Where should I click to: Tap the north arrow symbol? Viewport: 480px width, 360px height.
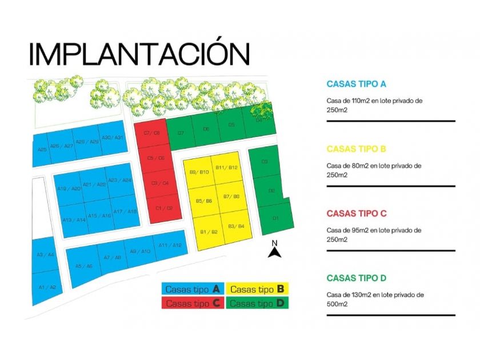point(274,250)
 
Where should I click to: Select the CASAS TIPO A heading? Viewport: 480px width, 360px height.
point(356,84)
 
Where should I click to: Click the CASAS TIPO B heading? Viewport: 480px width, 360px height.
point(356,149)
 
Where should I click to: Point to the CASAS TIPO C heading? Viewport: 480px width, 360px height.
point(357,214)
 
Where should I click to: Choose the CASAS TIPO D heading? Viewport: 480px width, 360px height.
point(357,278)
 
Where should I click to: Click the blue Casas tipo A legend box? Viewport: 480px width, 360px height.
point(193,289)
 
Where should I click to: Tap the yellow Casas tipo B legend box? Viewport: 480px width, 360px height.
point(257,289)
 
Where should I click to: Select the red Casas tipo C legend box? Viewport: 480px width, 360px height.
point(193,303)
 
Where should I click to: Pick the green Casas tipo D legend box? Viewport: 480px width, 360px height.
point(257,303)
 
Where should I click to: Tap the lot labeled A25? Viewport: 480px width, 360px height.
point(42,150)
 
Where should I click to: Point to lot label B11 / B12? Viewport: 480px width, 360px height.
point(226,167)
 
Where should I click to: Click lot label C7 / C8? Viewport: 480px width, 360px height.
point(151,133)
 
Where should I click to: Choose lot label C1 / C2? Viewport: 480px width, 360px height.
point(164,208)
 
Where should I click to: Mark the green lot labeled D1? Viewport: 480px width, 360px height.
point(275,218)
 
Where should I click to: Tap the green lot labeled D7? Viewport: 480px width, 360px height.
point(181,133)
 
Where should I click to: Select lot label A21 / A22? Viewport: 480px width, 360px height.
point(94,185)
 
